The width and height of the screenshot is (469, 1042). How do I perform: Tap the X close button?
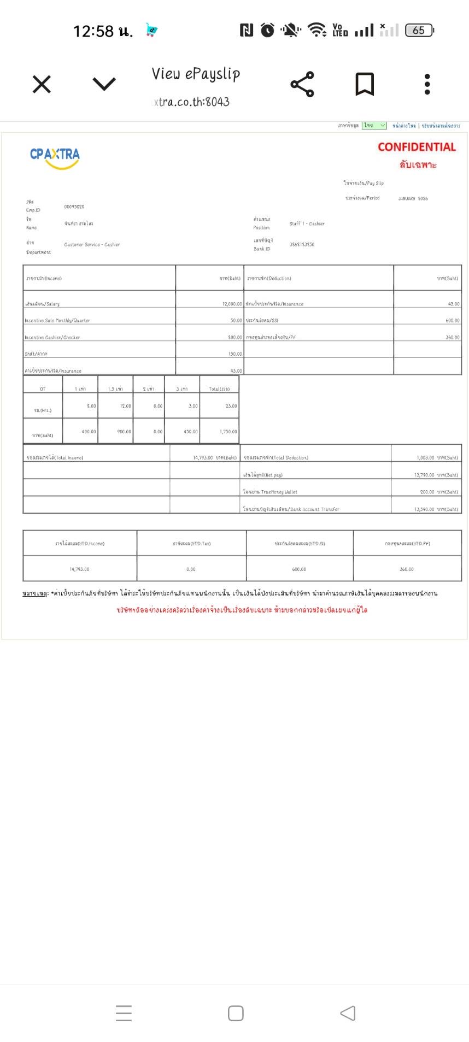(42, 85)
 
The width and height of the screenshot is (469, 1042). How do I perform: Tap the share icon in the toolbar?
(302, 85)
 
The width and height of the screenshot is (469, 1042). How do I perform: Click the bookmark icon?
(365, 85)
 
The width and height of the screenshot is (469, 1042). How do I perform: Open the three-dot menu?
(427, 85)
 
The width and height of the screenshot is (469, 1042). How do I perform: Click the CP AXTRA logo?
(55, 157)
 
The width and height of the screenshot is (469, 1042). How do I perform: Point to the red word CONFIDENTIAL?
(417, 147)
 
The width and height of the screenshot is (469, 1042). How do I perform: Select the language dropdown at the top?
(374, 126)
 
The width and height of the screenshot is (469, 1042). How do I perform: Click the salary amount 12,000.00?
(232, 304)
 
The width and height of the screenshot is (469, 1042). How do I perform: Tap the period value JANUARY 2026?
(413, 198)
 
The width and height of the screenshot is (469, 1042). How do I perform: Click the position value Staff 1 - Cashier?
(307, 223)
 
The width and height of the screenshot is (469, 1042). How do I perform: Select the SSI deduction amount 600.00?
(452, 321)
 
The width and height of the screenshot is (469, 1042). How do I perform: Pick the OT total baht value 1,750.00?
(228, 432)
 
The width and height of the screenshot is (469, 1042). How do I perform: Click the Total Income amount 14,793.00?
(203, 458)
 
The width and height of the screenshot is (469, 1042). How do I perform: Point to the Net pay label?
(263, 475)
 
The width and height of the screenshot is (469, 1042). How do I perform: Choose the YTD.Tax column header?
(191, 544)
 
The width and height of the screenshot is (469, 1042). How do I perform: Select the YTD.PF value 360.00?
(407, 569)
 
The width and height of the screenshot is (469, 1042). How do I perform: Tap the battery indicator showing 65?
(419, 31)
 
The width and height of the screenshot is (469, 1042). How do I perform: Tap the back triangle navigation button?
(348, 1013)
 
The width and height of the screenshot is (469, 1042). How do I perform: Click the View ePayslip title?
(196, 74)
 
